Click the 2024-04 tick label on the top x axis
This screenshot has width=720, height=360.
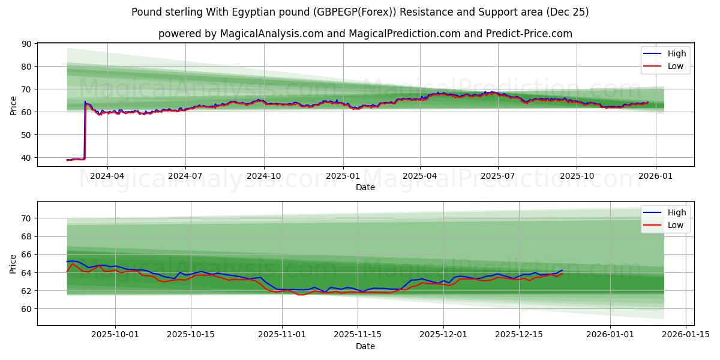tap(107, 177)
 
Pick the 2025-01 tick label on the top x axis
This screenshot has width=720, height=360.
tap(343, 177)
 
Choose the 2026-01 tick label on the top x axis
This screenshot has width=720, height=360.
tap(655, 177)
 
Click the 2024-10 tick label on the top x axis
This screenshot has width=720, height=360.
tap(265, 177)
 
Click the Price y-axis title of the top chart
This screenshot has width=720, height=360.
tap(14, 105)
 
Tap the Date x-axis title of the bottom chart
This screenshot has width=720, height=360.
tap(365, 346)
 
